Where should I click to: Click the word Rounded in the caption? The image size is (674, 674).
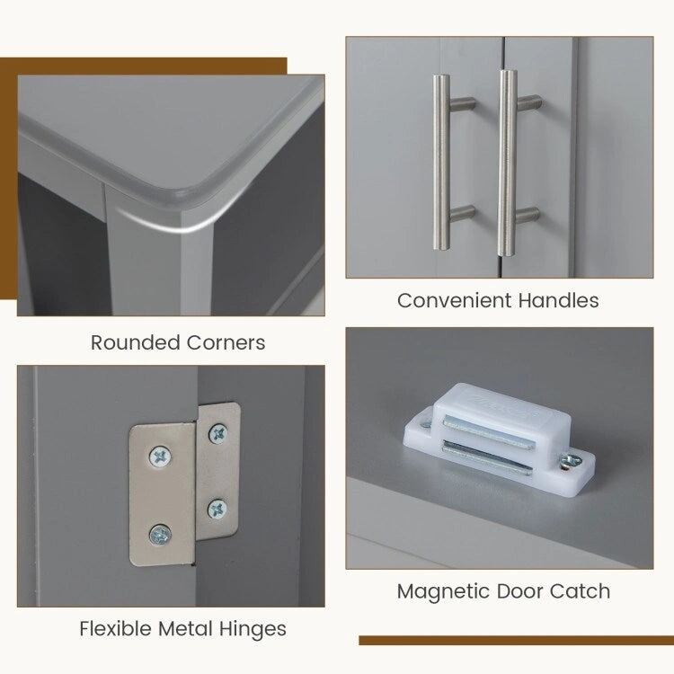136,342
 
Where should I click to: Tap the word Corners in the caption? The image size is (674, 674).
226,342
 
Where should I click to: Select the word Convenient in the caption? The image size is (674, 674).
455,300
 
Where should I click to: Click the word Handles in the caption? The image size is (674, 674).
558,300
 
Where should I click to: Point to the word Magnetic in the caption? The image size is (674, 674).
444,591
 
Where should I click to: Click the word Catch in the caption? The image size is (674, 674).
580,591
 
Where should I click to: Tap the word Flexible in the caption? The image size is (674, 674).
116,628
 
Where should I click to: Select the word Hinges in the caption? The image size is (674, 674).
253,629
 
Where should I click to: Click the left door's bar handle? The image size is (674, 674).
442,163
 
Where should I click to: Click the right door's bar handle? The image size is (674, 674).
507,164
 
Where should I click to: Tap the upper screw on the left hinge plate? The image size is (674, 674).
160,457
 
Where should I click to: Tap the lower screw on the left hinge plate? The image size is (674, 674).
160,536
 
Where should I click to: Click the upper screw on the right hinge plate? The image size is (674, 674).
218,433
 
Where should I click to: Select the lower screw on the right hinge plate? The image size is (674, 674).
217,510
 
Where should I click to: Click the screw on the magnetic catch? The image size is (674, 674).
572,461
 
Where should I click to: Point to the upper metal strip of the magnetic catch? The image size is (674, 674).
488,431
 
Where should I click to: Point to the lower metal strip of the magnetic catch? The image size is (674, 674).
487,458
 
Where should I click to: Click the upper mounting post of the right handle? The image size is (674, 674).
529,102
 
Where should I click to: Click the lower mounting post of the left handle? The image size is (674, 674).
463,214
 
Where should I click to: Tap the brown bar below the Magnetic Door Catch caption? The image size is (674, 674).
516,641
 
